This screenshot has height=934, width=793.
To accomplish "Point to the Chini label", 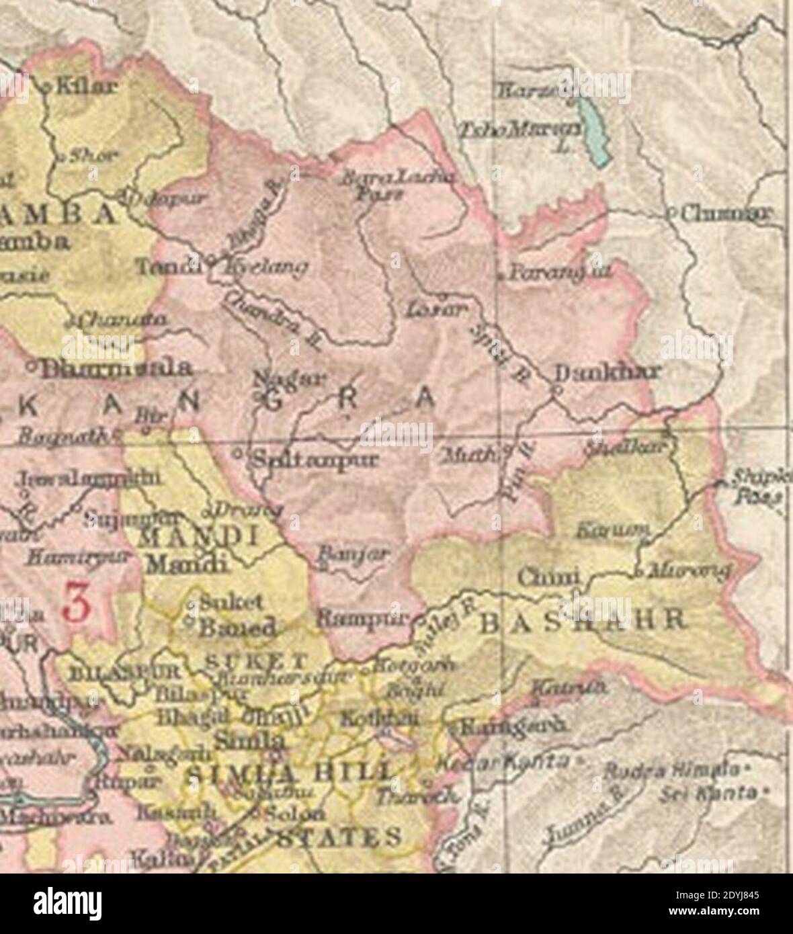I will point(548,577).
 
